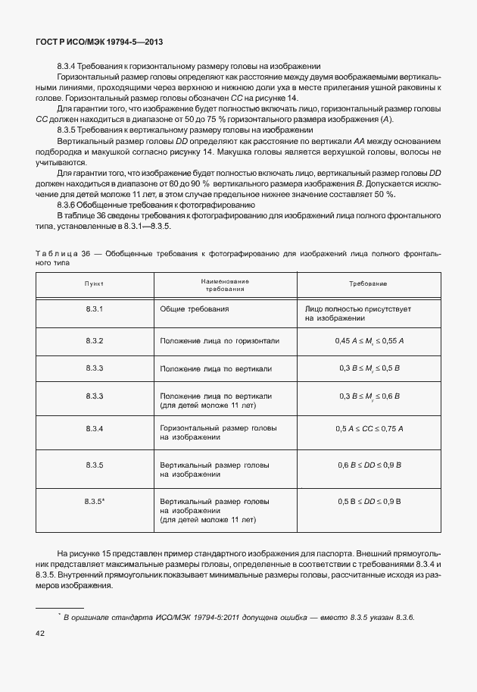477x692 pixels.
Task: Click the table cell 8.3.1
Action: (x=95, y=310)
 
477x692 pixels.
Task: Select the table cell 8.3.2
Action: (x=95, y=341)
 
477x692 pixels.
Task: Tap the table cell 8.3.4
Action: (x=95, y=428)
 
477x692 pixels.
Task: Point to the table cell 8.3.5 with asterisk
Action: (x=95, y=501)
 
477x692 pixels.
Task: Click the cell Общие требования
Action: (x=195, y=310)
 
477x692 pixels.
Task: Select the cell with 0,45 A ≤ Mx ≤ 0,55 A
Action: (x=369, y=341)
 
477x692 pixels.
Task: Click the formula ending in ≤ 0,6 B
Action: (x=369, y=396)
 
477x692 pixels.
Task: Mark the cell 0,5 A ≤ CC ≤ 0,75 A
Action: (x=369, y=428)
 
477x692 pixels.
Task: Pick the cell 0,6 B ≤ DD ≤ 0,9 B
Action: (x=369, y=464)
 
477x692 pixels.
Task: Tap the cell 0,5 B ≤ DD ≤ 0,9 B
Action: (x=369, y=501)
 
